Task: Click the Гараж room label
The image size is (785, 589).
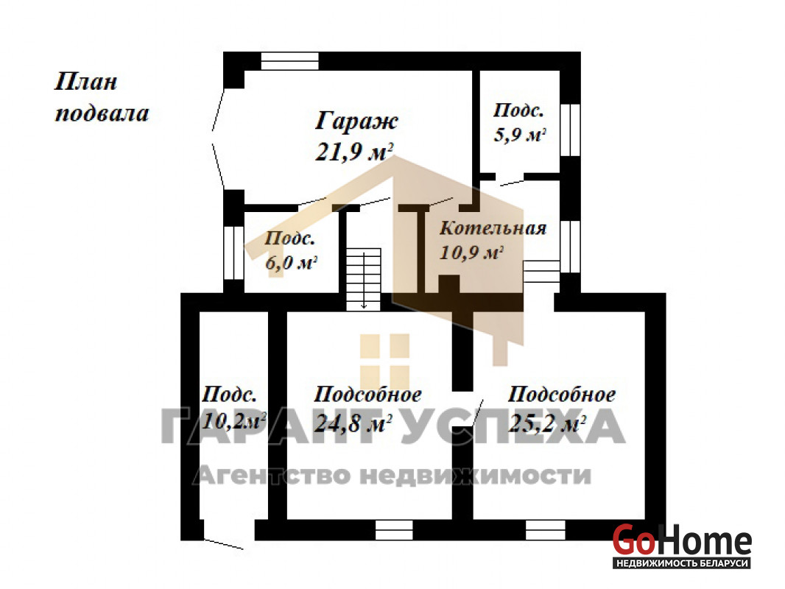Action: coord(356,121)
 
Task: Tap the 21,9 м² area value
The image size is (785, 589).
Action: coord(354,151)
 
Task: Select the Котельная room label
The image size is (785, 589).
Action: coord(493,228)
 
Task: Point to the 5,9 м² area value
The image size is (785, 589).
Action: coord(520,135)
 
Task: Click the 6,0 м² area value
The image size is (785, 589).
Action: coord(292,261)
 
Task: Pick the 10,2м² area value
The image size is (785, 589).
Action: coord(233,421)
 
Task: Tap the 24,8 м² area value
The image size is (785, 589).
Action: coord(353,423)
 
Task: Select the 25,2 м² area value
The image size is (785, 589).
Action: coord(547,423)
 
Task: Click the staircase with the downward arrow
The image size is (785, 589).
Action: coord(364,279)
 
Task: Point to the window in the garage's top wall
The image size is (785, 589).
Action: coord(290,60)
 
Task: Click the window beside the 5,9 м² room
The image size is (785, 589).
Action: coord(570,130)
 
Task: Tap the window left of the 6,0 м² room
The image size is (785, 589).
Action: coord(233,253)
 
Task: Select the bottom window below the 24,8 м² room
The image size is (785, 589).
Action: coord(394,530)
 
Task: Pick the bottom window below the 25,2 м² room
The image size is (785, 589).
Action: coord(545,530)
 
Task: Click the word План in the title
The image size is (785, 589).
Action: coord(85,82)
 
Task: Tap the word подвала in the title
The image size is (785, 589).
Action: coord(102,113)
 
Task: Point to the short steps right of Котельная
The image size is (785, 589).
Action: coord(541,272)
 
